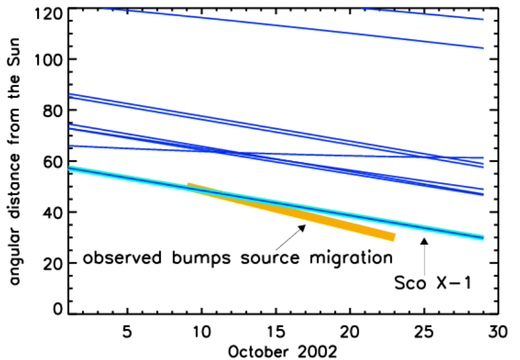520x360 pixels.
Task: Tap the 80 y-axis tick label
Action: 53,111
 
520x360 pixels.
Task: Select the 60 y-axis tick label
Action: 53,162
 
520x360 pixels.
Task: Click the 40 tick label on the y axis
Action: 53,212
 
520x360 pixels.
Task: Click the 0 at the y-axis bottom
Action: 58,309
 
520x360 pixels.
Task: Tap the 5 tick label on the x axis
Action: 128,332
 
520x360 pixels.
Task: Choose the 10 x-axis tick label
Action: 202,332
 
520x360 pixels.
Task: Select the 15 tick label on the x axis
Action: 276,332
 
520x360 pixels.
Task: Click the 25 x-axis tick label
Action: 425,332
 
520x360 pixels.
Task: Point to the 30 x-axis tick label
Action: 499,332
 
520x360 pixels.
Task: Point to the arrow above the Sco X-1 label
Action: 425,254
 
